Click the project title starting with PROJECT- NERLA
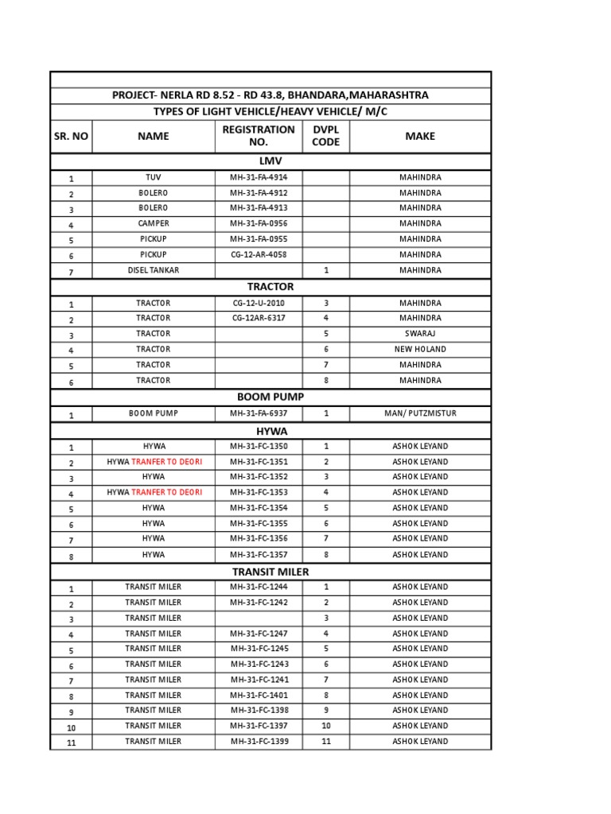tap(270, 95)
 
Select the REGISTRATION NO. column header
tap(259, 136)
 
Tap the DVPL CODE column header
tap(325, 136)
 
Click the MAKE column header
tap(420, 136)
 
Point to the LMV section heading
tap(270, 161)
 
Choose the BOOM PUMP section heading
tap(270, 397)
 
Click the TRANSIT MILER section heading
tap(270, 572)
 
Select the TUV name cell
tap(153, 177)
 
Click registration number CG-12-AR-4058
tap(259, 254)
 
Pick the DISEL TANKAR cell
tap(153, 270)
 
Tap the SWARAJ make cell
tap(420, 334)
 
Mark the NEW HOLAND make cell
tap(420, 350)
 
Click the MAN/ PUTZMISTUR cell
tap(420, 413)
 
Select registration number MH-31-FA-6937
tap(259, 413)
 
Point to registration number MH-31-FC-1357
tap(259, 555)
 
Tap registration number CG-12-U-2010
tap(259, 303)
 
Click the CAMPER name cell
tap(153, 223)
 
